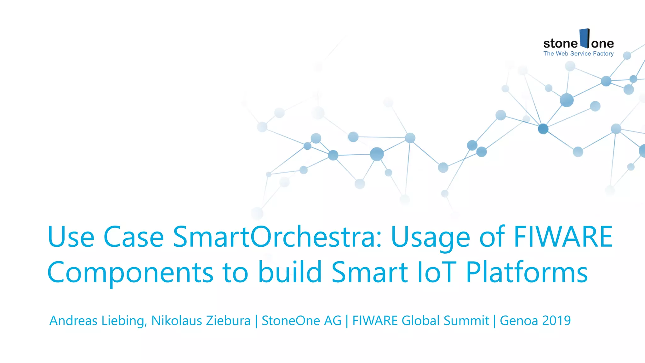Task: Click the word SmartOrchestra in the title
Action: (x=277, y=237)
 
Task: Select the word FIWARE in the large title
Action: (x=563, y=237)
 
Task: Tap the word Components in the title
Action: (x=130, y=272)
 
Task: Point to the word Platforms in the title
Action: (x=527, y=272)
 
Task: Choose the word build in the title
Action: (x=290, y=272)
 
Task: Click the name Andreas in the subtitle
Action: (x=73, y=321)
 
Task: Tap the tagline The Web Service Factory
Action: (x=579, y=54)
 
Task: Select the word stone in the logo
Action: (x=561, y=43)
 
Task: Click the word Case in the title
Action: (x=134, y=237)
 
